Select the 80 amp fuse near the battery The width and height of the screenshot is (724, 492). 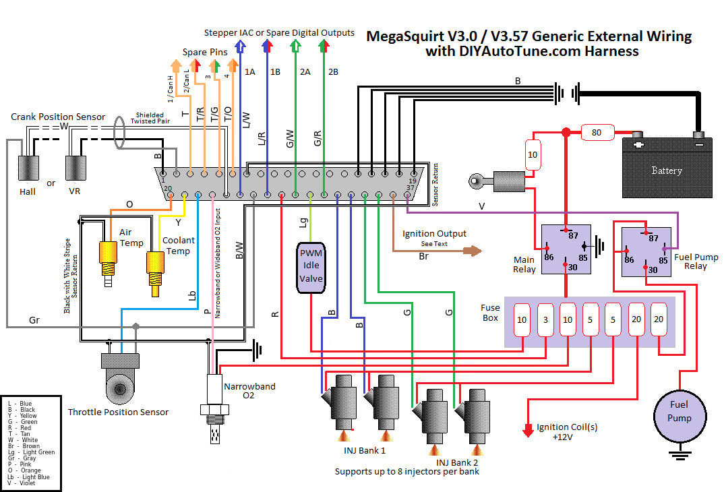tap(597, 132)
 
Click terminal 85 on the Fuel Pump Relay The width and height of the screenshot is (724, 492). tap(663, 259)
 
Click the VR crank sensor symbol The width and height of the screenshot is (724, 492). tap(75, 168)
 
